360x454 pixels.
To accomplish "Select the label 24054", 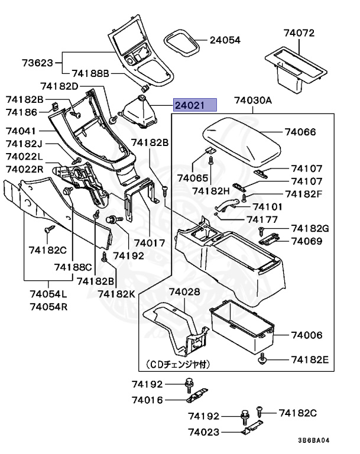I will coord(225,41).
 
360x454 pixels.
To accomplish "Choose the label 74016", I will coord(146,400).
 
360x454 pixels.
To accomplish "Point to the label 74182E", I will coord(309,359).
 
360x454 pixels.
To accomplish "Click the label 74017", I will coord(150,243).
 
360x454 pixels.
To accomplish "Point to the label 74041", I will coord(21,131).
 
